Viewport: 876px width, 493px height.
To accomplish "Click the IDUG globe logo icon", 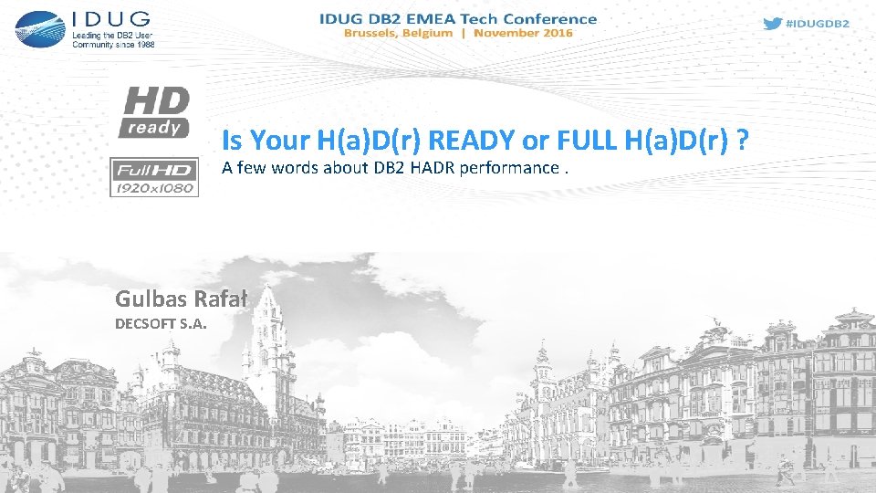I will click(39, 28).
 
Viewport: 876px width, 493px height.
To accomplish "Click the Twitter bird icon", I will click(772, 24).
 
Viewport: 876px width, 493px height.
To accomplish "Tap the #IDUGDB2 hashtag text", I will click(818, 24).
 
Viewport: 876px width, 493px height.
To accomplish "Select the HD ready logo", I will click(155, 111).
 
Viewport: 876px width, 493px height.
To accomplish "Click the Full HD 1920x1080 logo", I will click(154, 176).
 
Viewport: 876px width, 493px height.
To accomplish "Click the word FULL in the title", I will click(579, 141).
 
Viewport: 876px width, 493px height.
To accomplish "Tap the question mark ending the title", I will click(744, 141).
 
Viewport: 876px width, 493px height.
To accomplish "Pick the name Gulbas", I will click(149, 298).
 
